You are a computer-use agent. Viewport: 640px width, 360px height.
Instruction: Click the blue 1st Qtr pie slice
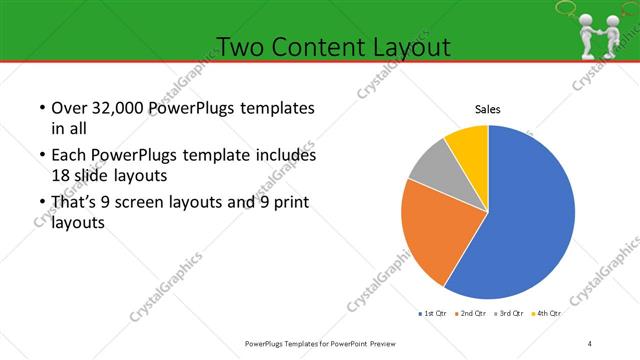(x=530, y=220)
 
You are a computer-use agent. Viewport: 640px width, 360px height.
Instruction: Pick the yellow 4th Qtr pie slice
(x=468, y=144)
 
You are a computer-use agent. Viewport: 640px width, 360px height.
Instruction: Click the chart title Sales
(x=487, y=110)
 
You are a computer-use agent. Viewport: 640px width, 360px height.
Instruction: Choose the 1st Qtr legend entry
(x=431, y=313)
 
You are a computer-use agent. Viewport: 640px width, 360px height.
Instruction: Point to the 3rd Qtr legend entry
(x=509, y=313)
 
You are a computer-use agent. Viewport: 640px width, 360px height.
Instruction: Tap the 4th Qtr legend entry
(x=546, y=313)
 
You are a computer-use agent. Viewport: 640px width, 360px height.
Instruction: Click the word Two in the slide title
(x=240, y=47)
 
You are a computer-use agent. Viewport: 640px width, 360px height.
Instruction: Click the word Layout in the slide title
(x=409, y=47)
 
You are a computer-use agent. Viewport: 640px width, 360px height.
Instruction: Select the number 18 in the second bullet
(x=61, y=174)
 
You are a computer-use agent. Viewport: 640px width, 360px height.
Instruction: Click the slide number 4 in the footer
(x=590, y=344)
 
